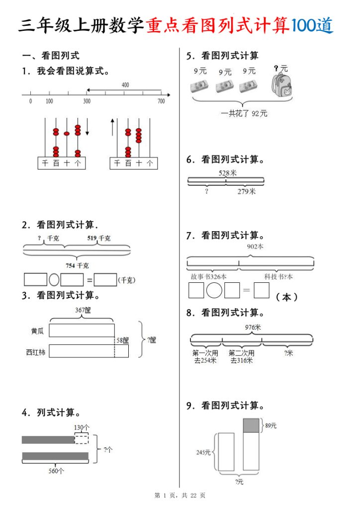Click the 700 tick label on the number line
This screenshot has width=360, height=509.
(x=161, y=101)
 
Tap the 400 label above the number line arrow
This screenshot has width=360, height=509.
(x=125, y=85)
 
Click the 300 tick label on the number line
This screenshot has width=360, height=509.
(x=87, y=101)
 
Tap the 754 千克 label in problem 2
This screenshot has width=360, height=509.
(x=79, y=265)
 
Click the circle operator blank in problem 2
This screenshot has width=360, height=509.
(x=54, y=280)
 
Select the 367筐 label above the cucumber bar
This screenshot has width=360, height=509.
(x=83, y=310)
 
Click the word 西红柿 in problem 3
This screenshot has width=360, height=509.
(x=36, y=352)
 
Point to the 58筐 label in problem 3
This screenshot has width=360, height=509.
(x=122, y=340)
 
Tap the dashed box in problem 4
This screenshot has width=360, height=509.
(x=81, y=438)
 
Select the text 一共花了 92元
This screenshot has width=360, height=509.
(x=244, y=113)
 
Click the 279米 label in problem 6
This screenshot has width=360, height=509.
(x=246, y=191)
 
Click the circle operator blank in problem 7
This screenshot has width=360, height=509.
(x=214, y=290)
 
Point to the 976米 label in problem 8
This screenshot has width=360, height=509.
(x=253, y=327)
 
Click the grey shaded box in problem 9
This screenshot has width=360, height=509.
(x=251, y=425)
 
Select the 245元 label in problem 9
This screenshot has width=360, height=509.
(x=203, y=452)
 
